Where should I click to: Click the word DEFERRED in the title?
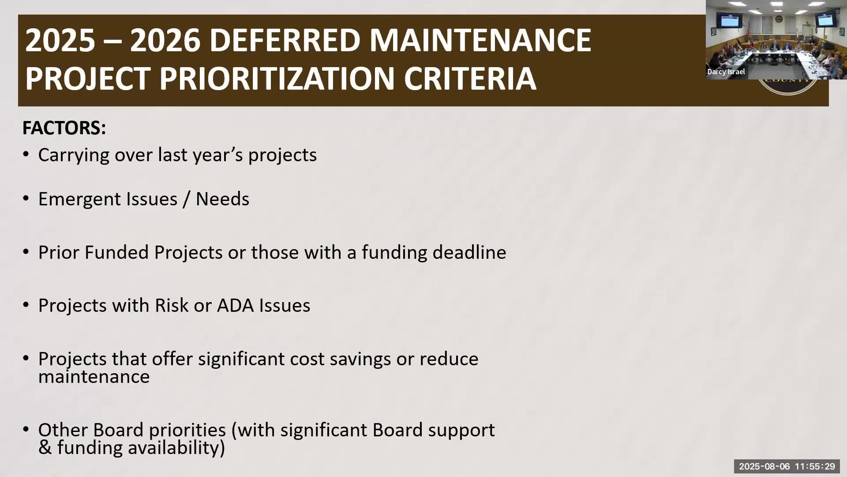click(285, 41)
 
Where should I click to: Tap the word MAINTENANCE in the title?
click(480, 41)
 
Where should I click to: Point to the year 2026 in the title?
click(165, 41)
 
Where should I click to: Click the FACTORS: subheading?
click(64, 128)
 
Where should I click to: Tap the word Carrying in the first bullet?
click(73, 155)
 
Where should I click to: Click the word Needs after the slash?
click(222, 199)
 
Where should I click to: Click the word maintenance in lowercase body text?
click(94, 377)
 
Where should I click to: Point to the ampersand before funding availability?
click(45, 448)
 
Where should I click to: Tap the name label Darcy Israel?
click(726, 72)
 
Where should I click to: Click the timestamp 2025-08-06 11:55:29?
click(787, 466)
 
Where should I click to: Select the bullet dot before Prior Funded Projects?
click(26, 252)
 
